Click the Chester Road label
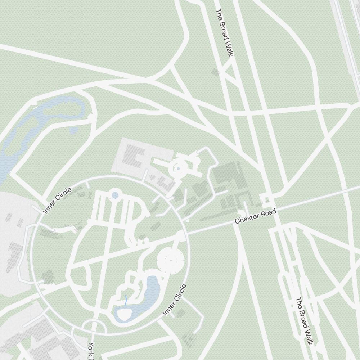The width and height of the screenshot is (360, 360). [255, 216]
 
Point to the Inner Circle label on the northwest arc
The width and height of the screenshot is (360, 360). [57, 201]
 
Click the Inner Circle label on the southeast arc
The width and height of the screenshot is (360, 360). [175, 300]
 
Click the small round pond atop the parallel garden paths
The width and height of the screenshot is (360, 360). [115, 195]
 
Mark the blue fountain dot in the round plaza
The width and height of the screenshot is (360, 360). [179, 168]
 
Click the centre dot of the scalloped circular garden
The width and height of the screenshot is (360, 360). [171, 260]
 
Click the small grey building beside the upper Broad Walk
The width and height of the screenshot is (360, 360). [216, 72]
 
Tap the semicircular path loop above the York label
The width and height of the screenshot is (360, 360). [94, 326]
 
